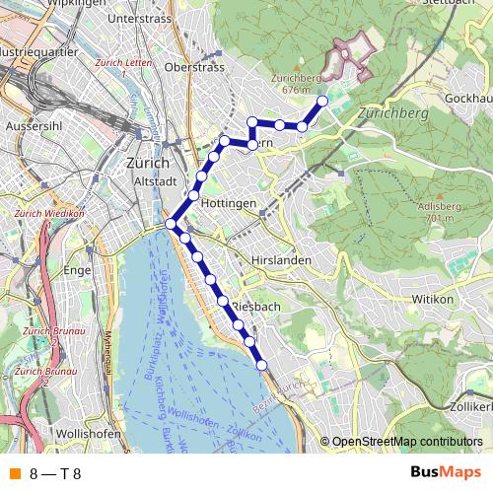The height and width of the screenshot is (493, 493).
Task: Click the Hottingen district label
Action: (x=228, y=202)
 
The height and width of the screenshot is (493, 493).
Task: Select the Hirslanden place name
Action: (x=281, y=259)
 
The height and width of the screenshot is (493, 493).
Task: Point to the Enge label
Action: (x=76, y=268)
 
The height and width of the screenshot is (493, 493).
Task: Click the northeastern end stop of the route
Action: (x=322, y=101)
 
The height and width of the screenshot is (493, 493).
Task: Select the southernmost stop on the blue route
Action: (x=262, y=365)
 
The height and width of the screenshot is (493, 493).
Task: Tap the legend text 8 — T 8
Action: (x=55, y=472)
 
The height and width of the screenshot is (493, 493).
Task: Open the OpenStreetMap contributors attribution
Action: (x=406, y=443)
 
